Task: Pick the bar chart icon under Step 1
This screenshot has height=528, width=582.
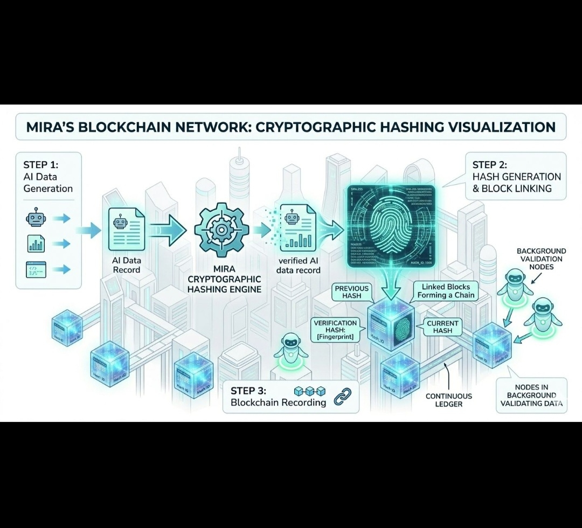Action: pyautogui.click(x=36, y=244)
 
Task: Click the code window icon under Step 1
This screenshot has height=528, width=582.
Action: pyautogui.click(x=36, y=268)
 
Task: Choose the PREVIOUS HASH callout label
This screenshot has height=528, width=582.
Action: pyautogui.click(x=351, y=292)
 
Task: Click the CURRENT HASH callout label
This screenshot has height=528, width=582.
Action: pyautogui.click(x=442, y=327)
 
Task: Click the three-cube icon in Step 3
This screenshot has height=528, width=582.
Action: pyautogui.click(x=310, y=390)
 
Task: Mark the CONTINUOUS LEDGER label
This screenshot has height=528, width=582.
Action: pyautogui.click(x=448, y=400)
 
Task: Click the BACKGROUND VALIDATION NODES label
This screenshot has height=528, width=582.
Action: pyautogui.click(x=541, y=259)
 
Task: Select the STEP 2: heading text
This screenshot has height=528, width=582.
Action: pyautogui.click(x=489, y=164)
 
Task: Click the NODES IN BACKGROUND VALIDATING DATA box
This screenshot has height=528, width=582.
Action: pyautogui.click(x=531, y=395)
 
